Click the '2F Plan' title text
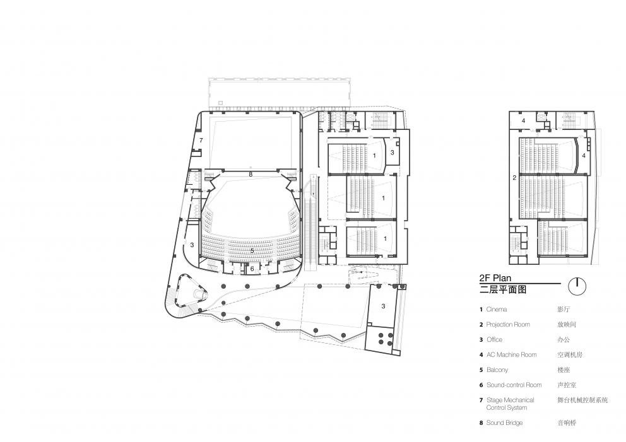click(x=495, y=278)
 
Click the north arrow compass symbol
click(x=577, y=286)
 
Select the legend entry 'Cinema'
click(x=497, y=309)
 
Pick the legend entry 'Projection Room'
click(x=508, y=324)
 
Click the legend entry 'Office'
click(x=494, y=339)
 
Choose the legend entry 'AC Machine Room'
click(x=511, y=354)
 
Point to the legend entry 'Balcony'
click(x=497, y=369)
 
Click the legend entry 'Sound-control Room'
click(x=514, y=385)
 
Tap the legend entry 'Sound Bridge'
click(x=504, y=423)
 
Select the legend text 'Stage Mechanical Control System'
click(x=511, y=404)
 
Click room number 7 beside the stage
click(x=201, y=141)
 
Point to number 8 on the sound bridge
click(x=251, y=174)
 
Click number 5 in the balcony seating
click(x=252, y=251)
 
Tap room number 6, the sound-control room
click(x=252, y=269)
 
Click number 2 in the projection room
click(x=514, y=178)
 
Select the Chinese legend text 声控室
click(x=567, y=385)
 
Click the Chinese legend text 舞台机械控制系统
click(x=583, y=400)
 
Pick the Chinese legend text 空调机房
click(x=570, y=354)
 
